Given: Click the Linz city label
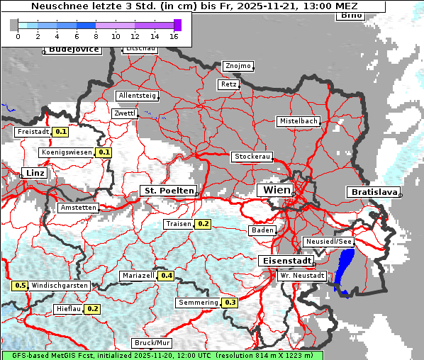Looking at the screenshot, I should pos(33,173).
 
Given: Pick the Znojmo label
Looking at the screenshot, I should pos(238,66).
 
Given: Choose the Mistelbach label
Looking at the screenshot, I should pos(298,121).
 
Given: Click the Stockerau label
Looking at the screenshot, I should pos(252,157).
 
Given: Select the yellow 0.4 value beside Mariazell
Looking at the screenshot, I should pos(167,276).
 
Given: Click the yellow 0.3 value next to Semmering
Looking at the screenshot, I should pos(230,303).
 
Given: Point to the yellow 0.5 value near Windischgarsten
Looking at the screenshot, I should pos(21,286).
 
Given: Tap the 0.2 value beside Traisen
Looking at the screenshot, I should pos(203,224).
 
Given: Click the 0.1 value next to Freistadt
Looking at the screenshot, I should pos(61,132).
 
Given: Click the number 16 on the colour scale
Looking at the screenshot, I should pos(174,36).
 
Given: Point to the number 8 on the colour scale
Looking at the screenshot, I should pos(96,36).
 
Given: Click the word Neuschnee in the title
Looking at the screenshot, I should pos(55,6).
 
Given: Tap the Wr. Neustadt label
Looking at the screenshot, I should pos(302,275).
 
